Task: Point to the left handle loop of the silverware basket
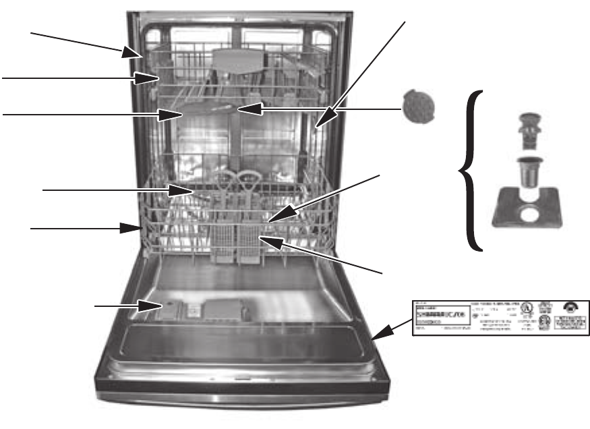click(x=227, y=181)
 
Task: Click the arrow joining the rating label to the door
click(x=392, y=326)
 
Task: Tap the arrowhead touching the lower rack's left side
click(x=135, y=229)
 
